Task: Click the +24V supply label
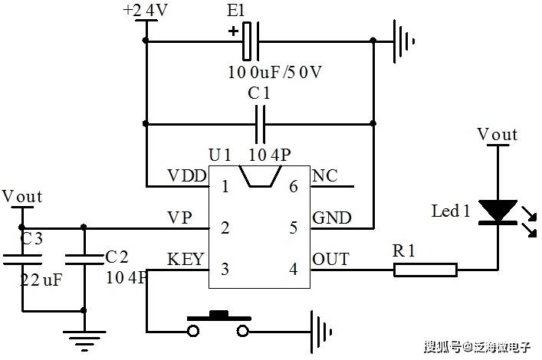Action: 145,11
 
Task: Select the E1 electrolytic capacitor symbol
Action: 251,41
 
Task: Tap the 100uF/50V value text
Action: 274,72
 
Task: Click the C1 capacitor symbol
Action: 261,124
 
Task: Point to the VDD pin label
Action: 187,176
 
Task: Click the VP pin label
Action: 179,218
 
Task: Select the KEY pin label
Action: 186,259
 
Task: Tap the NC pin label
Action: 325,176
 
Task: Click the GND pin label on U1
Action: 332,218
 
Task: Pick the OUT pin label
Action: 331,259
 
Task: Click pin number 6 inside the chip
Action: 294,187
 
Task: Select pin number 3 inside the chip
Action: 225,269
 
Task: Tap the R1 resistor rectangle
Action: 425,270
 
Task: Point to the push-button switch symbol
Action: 218,324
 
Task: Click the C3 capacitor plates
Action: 22,260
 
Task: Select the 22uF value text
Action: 41,280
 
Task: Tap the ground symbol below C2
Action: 84,341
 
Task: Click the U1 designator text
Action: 220,155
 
